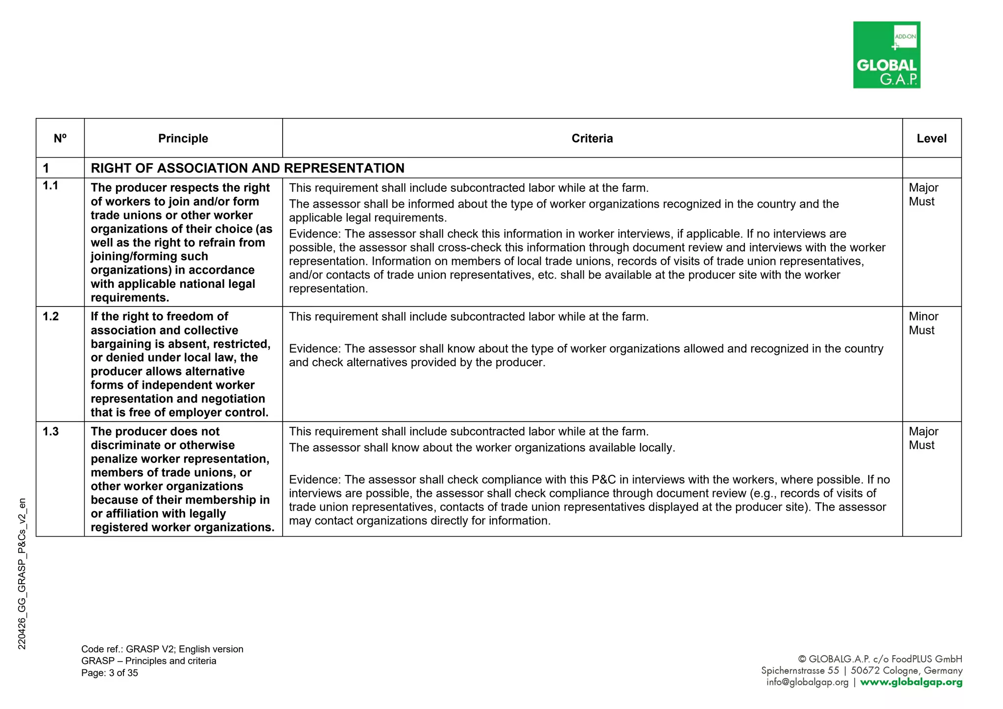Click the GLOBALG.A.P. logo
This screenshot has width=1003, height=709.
pos(886,55)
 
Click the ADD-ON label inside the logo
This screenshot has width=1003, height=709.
pos(905,37)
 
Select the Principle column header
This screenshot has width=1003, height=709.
pos(183,139)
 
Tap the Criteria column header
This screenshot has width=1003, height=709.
pos(592,139)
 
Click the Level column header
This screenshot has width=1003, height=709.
pos(931,139)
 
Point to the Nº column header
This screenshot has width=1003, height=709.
pos(60,139)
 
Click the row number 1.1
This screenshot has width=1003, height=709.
pos(50,186)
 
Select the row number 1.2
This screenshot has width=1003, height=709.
pos(50,317)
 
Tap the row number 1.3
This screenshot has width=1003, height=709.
pos(50,432)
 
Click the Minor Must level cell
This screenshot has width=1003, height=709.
pos(923,324)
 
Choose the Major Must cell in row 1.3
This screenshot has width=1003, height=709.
pos(923,439)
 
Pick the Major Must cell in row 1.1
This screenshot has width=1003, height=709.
pos(923,195)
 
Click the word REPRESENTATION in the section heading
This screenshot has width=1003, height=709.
pos(344,168)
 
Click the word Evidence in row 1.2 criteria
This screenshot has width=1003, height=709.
pos(314,349)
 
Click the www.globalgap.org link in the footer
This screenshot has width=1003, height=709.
pos(911,683)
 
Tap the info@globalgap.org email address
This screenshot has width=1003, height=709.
pos(807,683)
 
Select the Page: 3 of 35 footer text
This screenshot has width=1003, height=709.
pos(110,673)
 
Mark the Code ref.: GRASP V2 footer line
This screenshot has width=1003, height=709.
pos(162,649)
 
